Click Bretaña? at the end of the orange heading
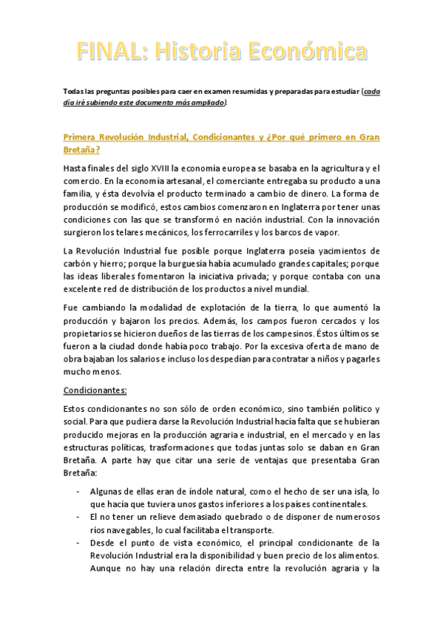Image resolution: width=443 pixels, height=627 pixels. coord(81,149)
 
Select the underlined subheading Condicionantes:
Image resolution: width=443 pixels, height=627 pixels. coord(95,390)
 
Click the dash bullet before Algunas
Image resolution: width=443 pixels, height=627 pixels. coord(79,492)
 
